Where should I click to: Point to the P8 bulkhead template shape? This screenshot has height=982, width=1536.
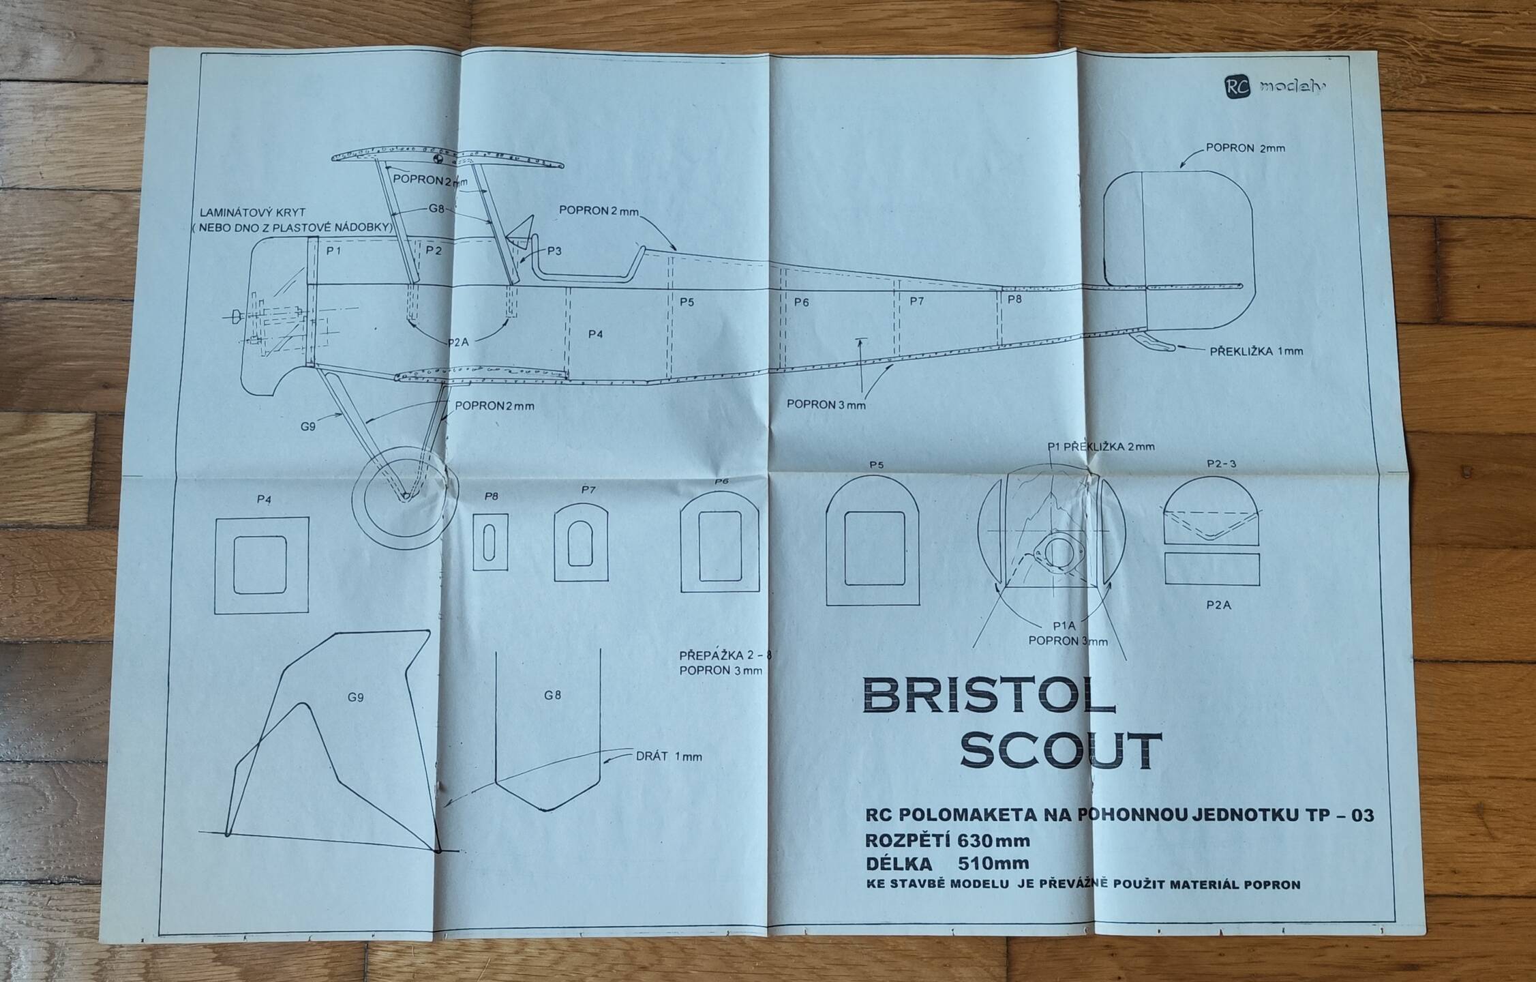pos(490,541)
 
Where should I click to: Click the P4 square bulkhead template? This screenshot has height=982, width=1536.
pos(262,565)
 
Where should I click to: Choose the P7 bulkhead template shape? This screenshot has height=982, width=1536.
pos(581,543)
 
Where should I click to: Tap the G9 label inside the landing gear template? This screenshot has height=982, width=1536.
pos(355,697)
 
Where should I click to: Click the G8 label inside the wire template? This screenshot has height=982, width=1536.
pos(553,696)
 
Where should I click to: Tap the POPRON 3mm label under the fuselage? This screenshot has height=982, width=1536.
pos(826,404)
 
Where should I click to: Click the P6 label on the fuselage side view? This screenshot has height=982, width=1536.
pos(801,301)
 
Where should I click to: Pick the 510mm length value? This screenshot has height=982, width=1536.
pos(993,863)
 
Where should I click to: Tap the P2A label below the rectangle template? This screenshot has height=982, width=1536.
pos(1218,604)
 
